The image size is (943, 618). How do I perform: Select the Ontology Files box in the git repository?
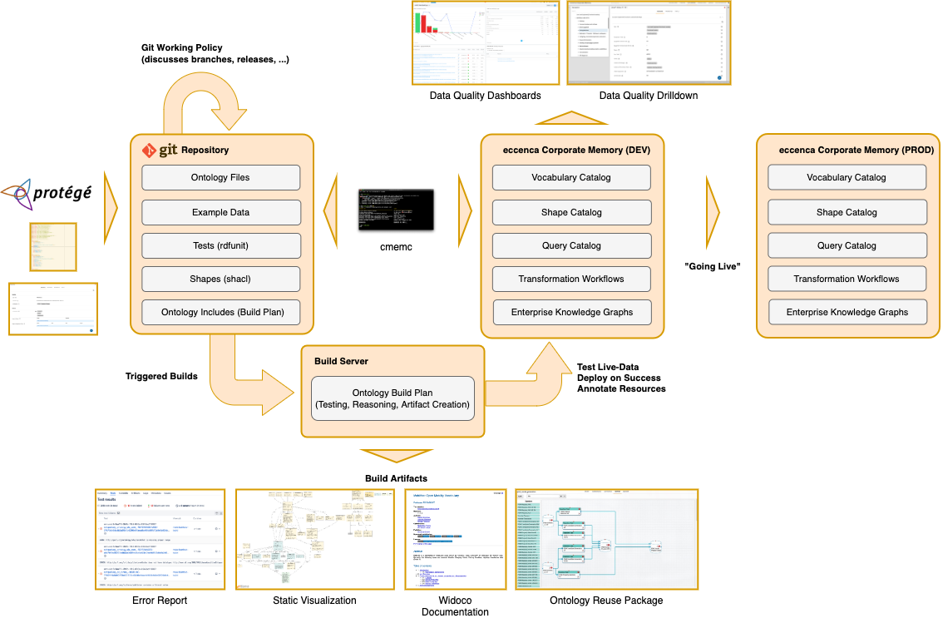(x=220, y=177)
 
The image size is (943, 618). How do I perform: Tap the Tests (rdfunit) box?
(x=220, y=245)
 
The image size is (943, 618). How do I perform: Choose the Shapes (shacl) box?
(x=220, y=279)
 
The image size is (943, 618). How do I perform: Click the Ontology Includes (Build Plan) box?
(x=220, y=313)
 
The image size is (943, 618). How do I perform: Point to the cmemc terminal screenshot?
(x=391, y=210)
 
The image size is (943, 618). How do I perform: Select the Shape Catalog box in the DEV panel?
(x=571, y=212)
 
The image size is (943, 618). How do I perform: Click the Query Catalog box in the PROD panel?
(x=847, y=245)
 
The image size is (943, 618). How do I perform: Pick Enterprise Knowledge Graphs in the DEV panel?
(x=571, y=312)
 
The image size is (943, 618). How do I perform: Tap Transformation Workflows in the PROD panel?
(x=847, y=279)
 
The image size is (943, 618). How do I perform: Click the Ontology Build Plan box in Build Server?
(x=393, y=398)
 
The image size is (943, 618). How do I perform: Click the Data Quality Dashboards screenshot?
(x=485, y=42)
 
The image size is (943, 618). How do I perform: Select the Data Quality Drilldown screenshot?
(x=648, y=42)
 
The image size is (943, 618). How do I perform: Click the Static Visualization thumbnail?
(x=314, y=539)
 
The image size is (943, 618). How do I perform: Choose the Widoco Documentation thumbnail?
(x=456, y=539)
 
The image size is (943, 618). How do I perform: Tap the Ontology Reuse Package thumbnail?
(x=606, y=539)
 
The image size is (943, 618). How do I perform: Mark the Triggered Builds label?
(x=161, y=376)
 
